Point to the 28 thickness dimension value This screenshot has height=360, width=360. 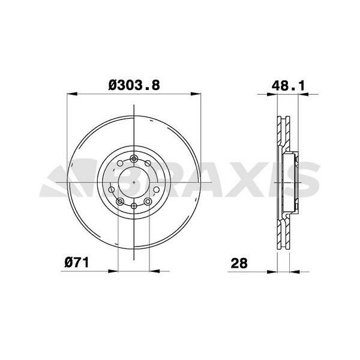(x=239, y=262)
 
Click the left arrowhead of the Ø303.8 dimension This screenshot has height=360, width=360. (x=71, y=94)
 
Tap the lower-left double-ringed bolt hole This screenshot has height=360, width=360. (x=120, y=201)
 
